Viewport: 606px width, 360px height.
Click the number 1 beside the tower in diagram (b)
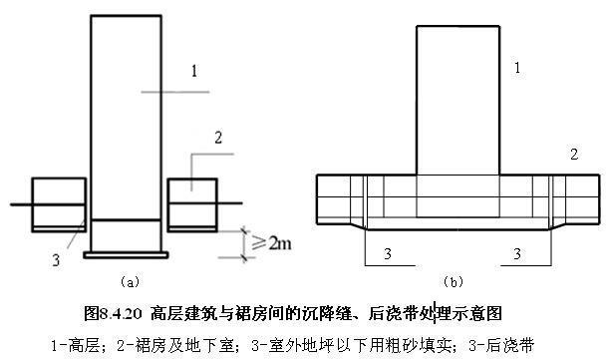[x=516, y=68]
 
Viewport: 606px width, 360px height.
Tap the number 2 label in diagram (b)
[x=573, y=154]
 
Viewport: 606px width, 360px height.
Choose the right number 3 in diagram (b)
[x=517, y=255]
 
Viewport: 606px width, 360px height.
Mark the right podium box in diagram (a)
[x=191, y=202]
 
